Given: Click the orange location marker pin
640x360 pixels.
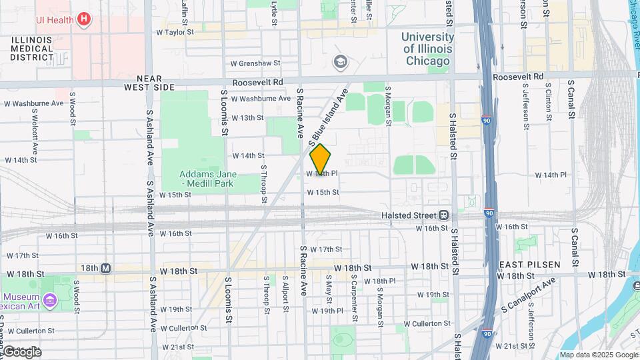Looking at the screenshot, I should pyautogui.click(x=320, y=159).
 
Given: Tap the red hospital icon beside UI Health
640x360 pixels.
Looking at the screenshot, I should pyautogui.click(x=83, y=19).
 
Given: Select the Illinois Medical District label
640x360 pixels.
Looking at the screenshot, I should pyautogui.click(x=32, y=49).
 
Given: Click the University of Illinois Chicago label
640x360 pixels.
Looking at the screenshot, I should pyautogui.click(x=427, y=49).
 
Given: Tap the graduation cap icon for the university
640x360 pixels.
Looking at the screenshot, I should pyautogui.click(x=341, y=62).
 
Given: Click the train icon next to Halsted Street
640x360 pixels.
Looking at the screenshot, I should pyautogui.click(x=443, y=215).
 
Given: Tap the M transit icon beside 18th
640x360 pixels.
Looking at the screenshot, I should pyautogui.click(x=105, y=268).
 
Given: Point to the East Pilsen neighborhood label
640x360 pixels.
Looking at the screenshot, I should pyautogui.click(x=525, y=265).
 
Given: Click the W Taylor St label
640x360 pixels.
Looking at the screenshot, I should pyautogui.click(x=175, y=31).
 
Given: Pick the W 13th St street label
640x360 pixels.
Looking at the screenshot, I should pyautogui.click(x=247, y=117).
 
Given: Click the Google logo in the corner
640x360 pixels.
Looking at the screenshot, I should pyautogui.click(x=22, y=351).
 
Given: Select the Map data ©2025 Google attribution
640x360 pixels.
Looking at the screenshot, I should pyautogui.click(x=597, y=355).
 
